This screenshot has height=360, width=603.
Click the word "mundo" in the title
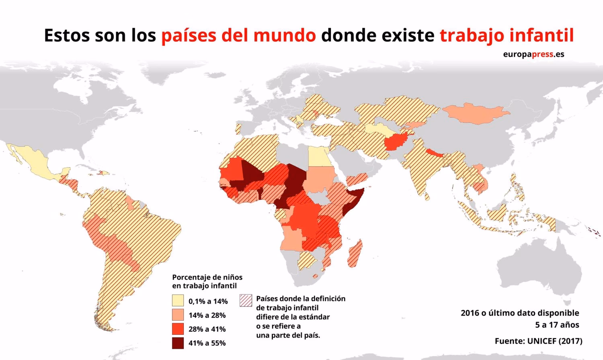[285, 35]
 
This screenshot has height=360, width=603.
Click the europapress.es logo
[533, 54]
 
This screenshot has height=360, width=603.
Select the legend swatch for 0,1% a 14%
[178, 301]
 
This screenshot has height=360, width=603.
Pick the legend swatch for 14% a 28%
[178, 315]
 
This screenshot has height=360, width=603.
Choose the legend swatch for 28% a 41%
[178, 329]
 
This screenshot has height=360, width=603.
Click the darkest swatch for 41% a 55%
[178, 343]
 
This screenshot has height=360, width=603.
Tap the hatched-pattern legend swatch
[246, 301]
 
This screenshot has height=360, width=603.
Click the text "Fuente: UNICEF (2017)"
[538, 341]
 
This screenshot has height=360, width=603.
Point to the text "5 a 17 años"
[557, 325]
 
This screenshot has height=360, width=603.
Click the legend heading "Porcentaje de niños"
[207, 277]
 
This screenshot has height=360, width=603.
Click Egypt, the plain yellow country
[318, 156]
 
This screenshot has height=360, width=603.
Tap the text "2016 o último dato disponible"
[520, 313]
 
